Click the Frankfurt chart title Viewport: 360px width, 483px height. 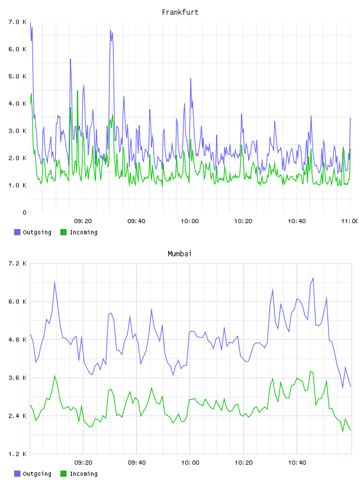pos(180,12)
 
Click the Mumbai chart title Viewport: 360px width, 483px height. pos(179,254)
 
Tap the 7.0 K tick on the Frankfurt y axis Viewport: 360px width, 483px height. pos(18,22)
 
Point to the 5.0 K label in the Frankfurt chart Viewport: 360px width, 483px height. pos(18,76)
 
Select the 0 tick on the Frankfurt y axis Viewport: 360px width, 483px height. pos(24,212)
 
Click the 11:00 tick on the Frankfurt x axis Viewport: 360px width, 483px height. pos(349,221)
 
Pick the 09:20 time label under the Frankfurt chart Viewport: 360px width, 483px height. pos(83,221)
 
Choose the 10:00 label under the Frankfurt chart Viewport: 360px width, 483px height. pos(190,221)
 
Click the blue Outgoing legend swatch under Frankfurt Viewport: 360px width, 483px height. pos(17,232)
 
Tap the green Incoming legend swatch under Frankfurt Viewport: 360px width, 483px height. pos(63,232)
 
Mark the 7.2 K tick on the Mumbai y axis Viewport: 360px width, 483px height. pos(18,263)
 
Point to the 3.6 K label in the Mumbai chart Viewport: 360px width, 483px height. pos(18,378)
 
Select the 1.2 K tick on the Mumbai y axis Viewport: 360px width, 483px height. pos(18,454)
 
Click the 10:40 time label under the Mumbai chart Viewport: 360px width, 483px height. pos(297,463)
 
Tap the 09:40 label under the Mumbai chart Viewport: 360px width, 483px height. pos(137,463)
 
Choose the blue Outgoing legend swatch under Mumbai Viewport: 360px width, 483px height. pos(17,474)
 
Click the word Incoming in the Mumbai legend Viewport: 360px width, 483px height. pos(83,474)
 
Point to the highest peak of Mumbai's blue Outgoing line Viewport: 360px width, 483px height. pos(313,278)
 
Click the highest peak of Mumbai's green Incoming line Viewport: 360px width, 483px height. pos(310,371)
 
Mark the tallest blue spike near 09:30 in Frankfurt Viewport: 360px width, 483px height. pos(110,31)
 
